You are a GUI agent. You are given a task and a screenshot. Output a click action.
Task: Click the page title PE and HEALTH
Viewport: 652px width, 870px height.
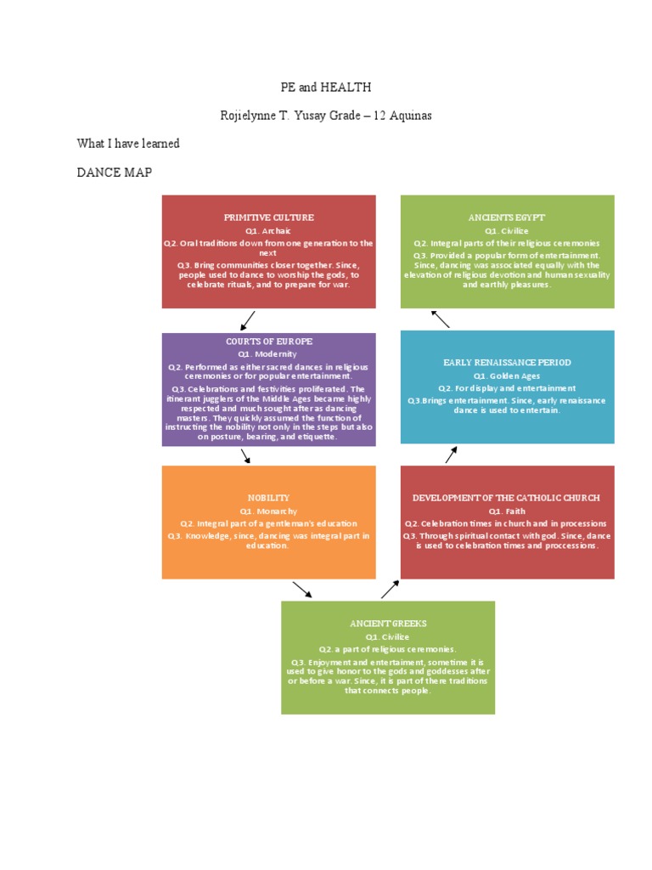326,88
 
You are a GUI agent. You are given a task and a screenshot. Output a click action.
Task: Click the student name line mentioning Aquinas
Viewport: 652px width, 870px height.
326,116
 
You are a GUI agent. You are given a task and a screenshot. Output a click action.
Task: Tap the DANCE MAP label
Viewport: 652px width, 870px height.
115,172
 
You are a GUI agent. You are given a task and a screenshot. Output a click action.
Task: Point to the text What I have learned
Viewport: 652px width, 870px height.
128,144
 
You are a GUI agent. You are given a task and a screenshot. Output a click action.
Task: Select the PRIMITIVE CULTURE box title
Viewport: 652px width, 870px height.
268,218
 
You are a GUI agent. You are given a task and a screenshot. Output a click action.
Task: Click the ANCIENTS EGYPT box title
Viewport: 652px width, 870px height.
507,218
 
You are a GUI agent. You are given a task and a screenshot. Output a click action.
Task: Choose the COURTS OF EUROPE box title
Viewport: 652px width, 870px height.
268,342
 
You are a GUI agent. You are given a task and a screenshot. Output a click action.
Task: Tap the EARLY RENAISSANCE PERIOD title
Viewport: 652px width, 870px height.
507,363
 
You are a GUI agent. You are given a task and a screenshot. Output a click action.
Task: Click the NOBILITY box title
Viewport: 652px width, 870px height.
268,498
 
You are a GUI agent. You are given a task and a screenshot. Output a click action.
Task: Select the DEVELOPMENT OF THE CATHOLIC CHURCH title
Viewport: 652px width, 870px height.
507,498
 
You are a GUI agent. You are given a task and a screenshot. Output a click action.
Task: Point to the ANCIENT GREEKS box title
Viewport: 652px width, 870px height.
388,624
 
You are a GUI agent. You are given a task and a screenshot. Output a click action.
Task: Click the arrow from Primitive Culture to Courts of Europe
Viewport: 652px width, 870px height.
248,320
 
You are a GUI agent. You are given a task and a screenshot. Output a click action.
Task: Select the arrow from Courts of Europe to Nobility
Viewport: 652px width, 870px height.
245,456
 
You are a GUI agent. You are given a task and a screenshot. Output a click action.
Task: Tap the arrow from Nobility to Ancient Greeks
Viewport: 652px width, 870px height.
301,590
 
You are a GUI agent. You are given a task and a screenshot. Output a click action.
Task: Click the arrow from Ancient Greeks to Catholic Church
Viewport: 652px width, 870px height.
390,590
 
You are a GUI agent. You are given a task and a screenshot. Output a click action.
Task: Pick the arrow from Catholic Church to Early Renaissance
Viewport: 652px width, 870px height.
451,455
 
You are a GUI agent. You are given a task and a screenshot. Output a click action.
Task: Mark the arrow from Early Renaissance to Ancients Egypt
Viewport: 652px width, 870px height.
440,319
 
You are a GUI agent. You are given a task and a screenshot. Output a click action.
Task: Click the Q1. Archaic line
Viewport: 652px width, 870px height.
268,230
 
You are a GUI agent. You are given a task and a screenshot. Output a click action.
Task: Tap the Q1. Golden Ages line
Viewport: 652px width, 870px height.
507,376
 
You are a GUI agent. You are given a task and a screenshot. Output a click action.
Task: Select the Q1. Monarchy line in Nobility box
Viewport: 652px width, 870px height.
268,511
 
